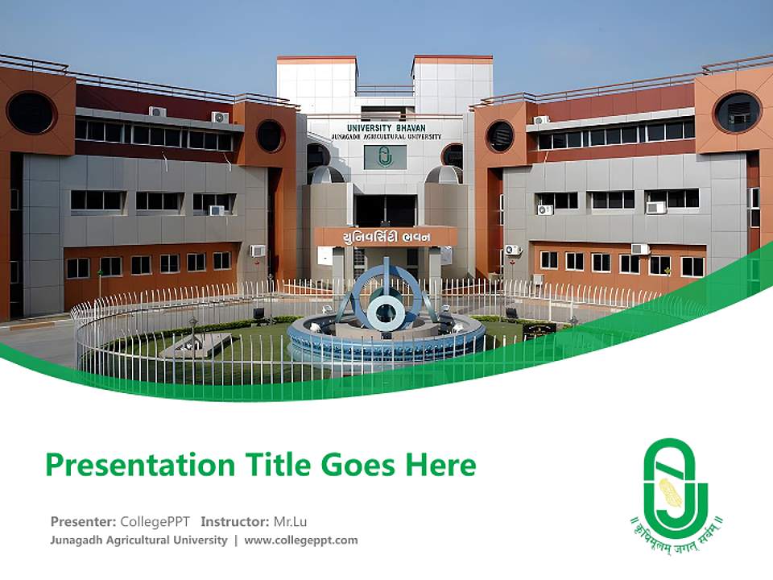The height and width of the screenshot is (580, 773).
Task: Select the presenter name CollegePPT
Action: pos(155,521)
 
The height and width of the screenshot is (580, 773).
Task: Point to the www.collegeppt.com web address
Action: pos(301,540)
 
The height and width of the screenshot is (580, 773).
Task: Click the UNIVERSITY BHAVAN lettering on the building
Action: pos(386,127)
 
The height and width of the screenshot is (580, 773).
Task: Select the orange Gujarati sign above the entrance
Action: pos(386,236)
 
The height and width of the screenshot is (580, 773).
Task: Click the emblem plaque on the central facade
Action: pos(384,157)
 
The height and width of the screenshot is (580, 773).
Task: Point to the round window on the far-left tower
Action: pos(31,113)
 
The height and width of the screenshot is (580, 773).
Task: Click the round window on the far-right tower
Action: pos(737,112)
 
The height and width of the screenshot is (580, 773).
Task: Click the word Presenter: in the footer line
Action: pos(83,521)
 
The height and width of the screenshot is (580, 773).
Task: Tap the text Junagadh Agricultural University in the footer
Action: pos(138,540)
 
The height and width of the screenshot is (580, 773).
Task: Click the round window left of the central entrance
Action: pos(270,135)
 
